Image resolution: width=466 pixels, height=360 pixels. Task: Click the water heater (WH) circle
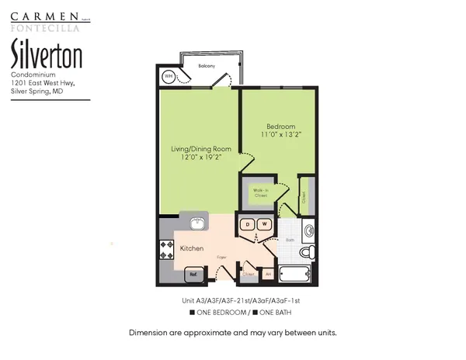point(169,76)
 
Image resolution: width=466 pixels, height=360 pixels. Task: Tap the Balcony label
point(207,66)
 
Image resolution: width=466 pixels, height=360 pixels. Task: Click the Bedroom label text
point(280,126)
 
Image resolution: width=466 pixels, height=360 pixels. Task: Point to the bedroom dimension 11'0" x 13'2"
point(280,136)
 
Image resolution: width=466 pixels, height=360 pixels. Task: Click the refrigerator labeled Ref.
point(191,273)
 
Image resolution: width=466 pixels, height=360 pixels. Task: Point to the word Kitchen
point(192,248)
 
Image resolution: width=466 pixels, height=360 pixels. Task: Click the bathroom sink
point(308,230)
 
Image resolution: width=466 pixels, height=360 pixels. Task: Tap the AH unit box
point(267,274)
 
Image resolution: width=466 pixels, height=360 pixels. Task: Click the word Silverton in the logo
point(46,56)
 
